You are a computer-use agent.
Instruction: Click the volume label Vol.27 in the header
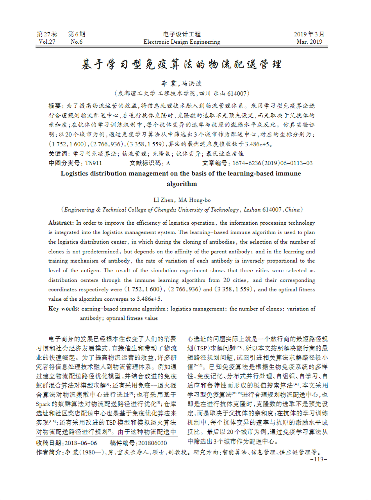(x=47, y=42)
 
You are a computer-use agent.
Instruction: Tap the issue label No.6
(x=77, y=42)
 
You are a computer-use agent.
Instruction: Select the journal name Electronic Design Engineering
(x=182, y=42)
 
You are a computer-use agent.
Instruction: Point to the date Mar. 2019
(x=309, y=42)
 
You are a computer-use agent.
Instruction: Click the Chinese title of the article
(x=182, y=64)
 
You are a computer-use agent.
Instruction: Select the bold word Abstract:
(x=61, y=223)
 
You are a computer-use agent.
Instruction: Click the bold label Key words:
(x=64, y=309)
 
